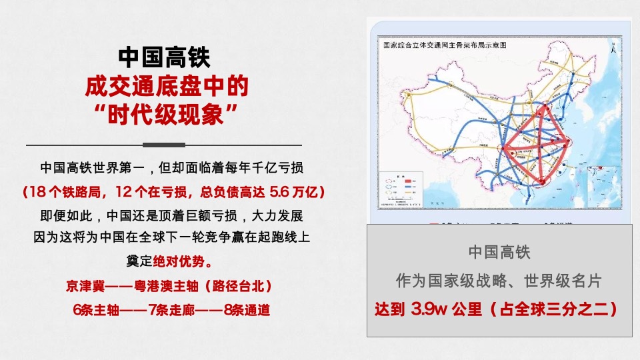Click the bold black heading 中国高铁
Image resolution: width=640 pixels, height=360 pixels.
(164, 57)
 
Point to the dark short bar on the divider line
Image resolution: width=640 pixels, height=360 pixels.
(164, 145)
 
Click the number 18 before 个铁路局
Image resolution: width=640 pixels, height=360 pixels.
(37, 192)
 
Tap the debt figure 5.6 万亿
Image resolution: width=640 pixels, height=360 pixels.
(294, 192)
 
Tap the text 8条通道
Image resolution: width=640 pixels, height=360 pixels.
(247, 310)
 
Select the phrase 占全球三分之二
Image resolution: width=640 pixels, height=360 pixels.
(553, 309)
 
